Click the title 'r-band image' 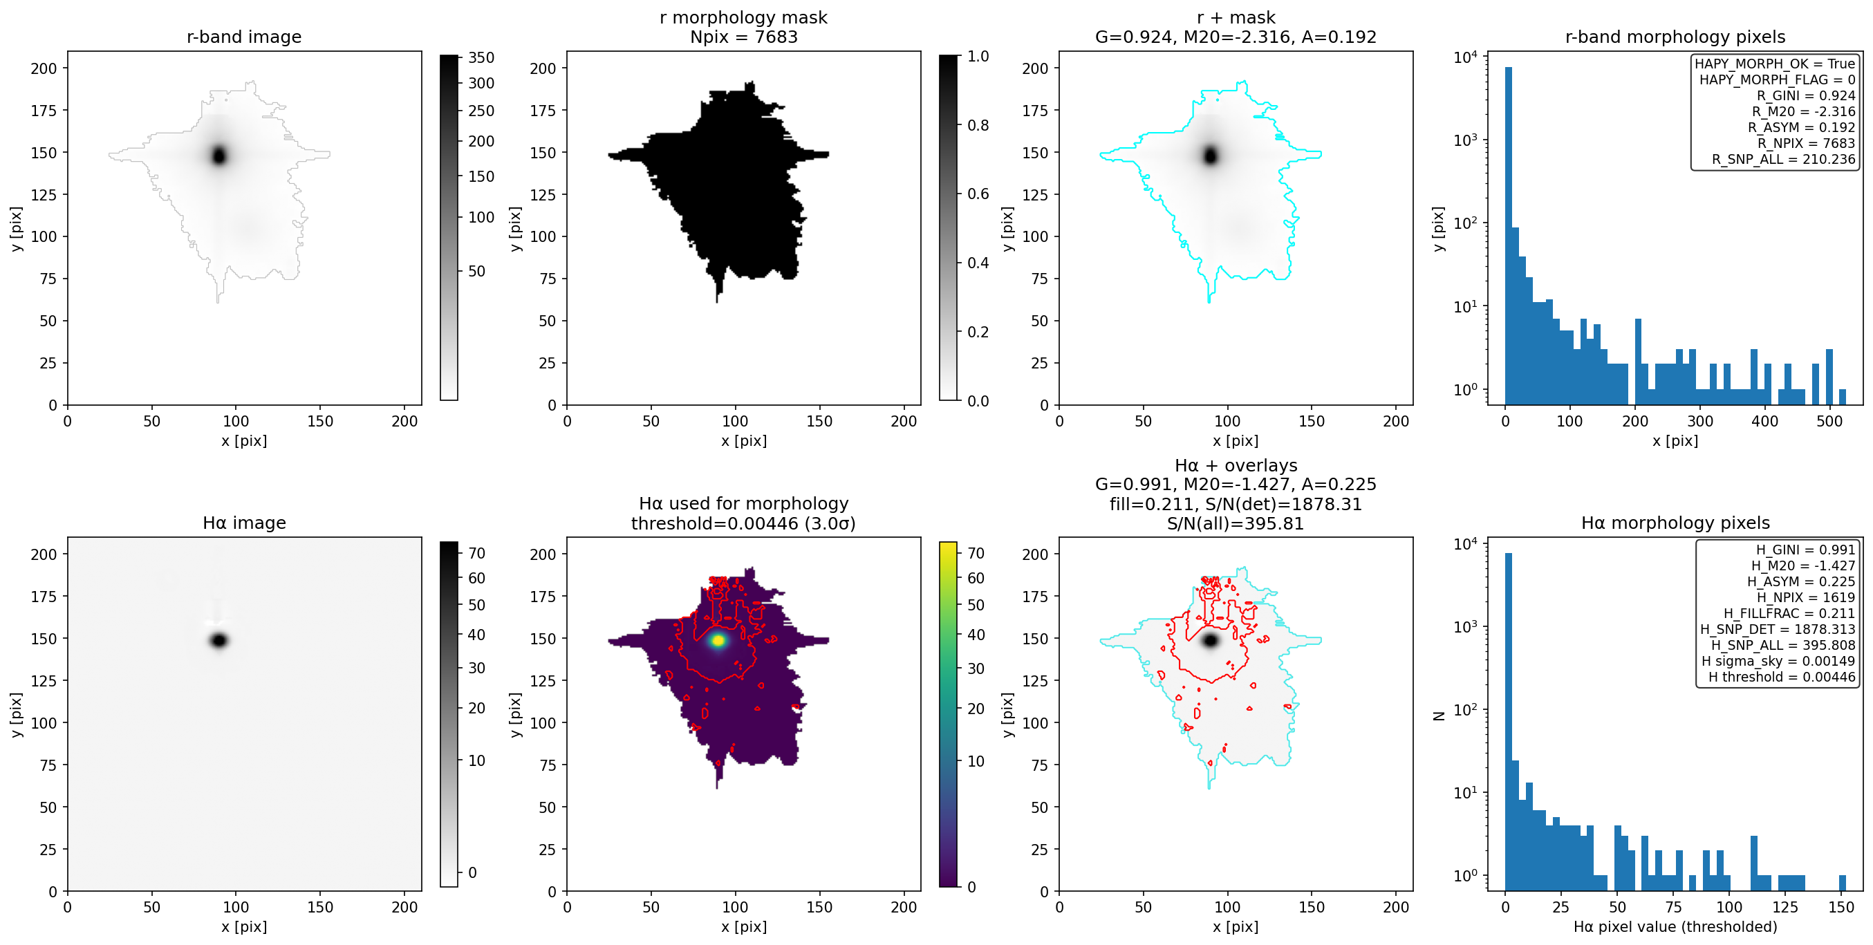[x=243, y=37]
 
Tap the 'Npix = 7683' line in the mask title [x=743, y=37]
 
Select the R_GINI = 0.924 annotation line [x=1805, y=95]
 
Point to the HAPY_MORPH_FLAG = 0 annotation [x=1777, y=79]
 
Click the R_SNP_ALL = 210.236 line [x=1783, y=159]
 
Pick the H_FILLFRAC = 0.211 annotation [x=1789, y=612]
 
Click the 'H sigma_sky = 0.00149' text [x=1778, y=661]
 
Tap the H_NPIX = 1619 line [x=1806, y=597]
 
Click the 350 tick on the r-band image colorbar [x=481, y=57]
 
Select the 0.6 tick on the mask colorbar [x=978, y=194]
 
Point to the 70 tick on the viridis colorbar [x=976, y=553]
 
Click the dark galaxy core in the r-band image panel [x=220, y=155]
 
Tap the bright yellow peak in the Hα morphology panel [x=718, y=640]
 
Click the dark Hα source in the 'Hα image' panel [x=220, y=640]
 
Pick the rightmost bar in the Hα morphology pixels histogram [x=1843, y=883]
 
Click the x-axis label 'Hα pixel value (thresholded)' [x=1675, y=927]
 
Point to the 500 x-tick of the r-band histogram [x=1829, y=421]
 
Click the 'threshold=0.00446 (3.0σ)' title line [x=743, y=523]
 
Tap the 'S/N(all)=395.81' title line [x=1236, y=523]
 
